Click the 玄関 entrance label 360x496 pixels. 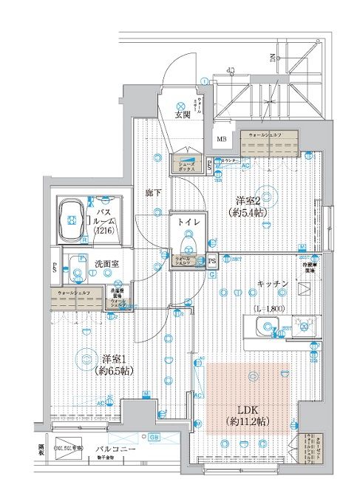coord(183,115)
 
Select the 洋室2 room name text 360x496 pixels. coord(249,200)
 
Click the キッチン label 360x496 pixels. coord(271,283)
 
